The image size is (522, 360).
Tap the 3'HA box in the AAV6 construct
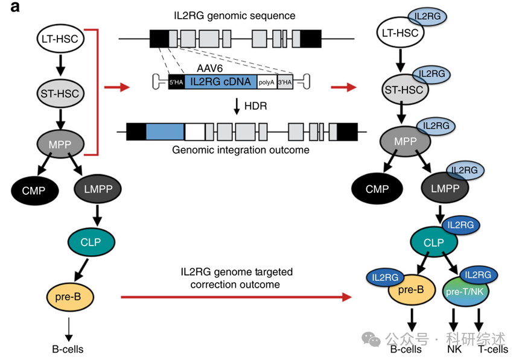pos(284,81)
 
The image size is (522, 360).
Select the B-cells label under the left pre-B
pos(68,349)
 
